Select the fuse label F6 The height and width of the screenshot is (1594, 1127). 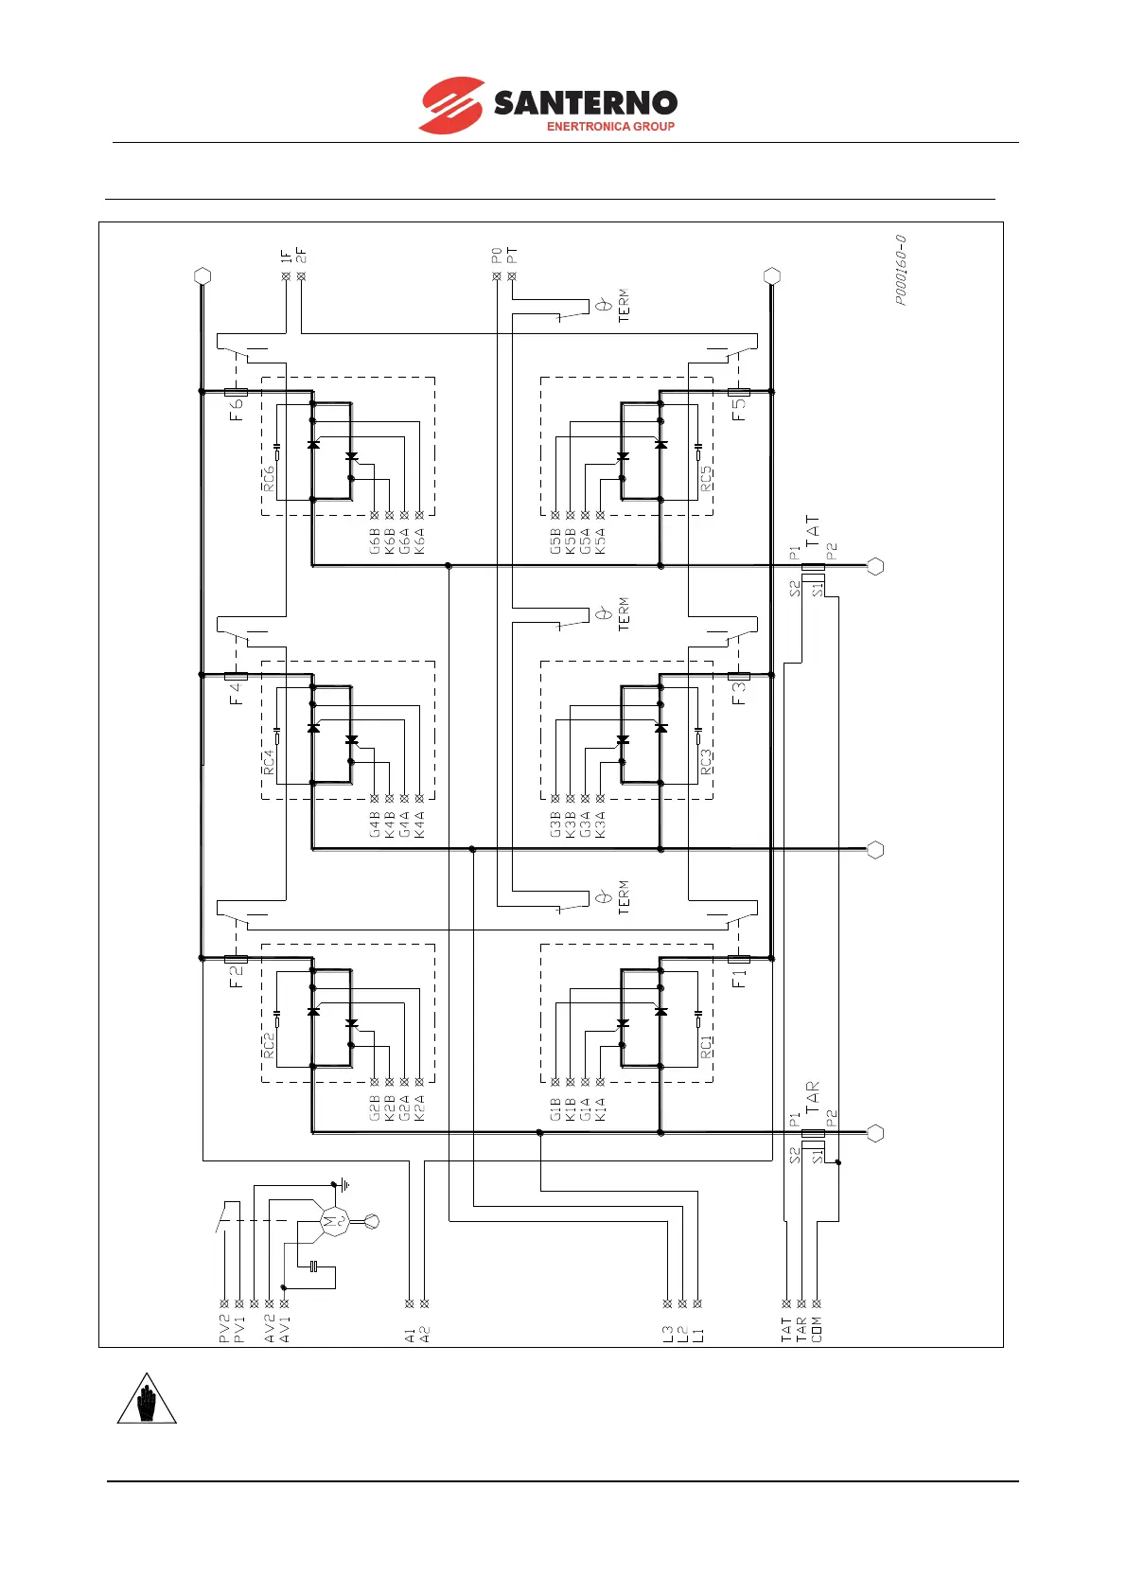click(237, 409)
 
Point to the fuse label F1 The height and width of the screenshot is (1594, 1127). click(740, 977)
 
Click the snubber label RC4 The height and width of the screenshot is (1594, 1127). click(269, 763)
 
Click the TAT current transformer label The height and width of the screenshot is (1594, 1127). click(813, 532)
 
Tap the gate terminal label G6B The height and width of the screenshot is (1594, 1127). click(375, 540)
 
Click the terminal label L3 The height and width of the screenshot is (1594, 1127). click(668, 1335)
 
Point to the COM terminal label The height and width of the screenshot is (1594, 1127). click(817, 1329)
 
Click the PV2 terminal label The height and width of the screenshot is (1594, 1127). click(224, 1329)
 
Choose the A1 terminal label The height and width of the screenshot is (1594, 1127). click(409, 1335)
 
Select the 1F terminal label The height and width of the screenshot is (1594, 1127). click(286, 256)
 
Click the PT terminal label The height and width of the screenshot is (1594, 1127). click(512, 256)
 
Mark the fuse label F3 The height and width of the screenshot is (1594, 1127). click(740, 693)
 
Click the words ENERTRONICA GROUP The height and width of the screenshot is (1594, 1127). click(610, 126)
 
